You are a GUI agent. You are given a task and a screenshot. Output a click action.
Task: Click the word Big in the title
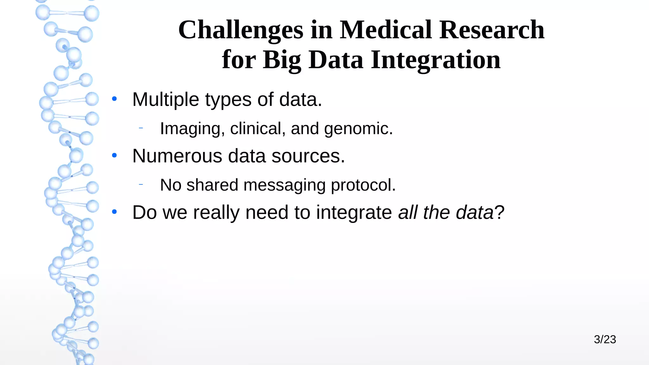(x=282, y=60)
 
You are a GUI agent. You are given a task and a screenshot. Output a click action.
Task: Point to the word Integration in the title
(x=436, y=60)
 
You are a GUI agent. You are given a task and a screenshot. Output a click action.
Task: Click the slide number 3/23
(x=605, y=339)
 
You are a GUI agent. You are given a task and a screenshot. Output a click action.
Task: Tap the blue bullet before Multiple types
(x=114, y=99)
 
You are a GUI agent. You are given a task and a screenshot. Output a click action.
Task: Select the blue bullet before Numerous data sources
(x=114, y=155)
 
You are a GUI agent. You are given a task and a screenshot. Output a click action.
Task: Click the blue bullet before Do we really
(x=114, y=212)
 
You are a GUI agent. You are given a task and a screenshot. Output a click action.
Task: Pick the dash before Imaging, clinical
(x=141, y=128)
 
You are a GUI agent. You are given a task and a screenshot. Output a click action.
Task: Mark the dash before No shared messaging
(x=141, y=184)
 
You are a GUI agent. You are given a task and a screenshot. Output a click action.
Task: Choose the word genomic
(x=358, y=129)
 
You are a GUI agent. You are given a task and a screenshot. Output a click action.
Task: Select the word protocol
(x=363, y=185)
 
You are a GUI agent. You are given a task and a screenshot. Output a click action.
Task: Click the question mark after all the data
(x=499, y=212)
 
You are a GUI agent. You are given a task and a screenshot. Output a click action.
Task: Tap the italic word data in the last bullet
(x=474, y=212)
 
